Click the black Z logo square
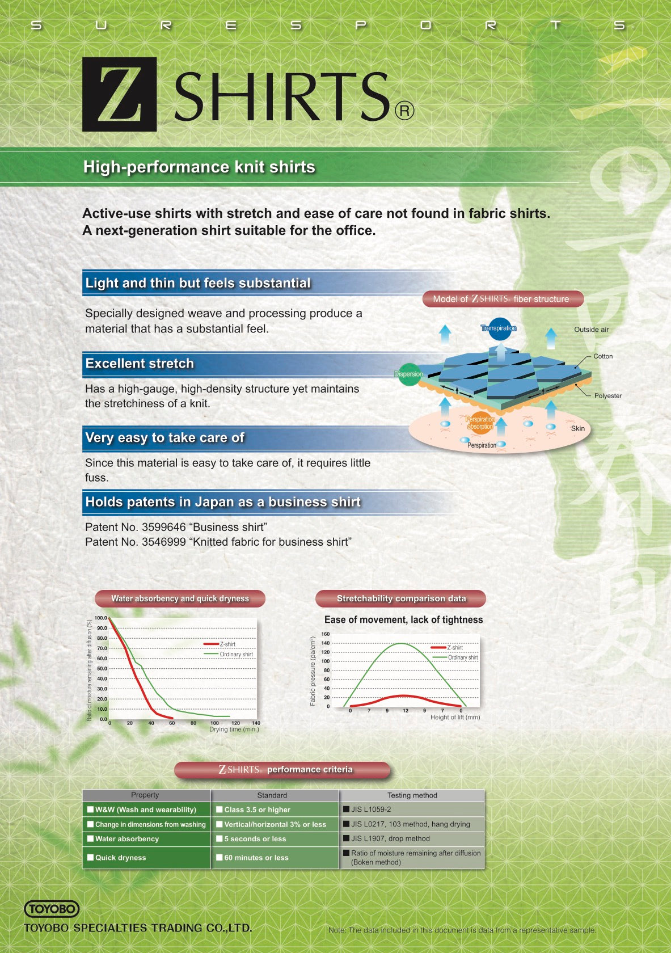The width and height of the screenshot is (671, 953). point(119,94)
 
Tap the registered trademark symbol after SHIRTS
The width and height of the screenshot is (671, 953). point(404,111)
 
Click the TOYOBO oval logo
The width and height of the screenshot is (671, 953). point(52,909)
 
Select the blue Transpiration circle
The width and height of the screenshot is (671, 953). point(499,328)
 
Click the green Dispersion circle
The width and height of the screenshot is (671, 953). point(409,374)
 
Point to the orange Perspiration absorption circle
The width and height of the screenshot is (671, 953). point(480,423)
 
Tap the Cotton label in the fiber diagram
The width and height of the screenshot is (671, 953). point(603,356)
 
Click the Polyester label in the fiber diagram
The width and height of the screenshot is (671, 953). point(607,396)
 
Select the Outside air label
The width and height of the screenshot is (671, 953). point(591,330)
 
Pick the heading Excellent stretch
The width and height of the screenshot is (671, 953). point(140,363)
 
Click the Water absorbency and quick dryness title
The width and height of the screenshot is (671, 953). point(180,598)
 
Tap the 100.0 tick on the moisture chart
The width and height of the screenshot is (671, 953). point(101,618)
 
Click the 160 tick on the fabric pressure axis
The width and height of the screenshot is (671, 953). point(326,634)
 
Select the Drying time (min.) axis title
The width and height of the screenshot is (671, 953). point(234,729)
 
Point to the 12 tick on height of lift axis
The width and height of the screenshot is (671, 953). point(406,711)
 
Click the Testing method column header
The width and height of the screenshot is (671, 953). point(412,795)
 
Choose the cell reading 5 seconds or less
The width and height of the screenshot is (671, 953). point(275,838)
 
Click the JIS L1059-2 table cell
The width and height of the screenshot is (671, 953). point(411,809)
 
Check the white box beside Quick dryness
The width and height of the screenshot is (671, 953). point(90,857)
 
